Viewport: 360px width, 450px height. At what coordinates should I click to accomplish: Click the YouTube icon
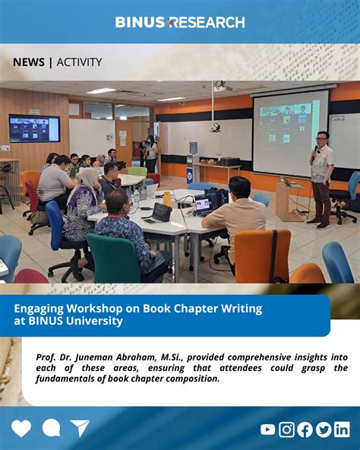(267, 429)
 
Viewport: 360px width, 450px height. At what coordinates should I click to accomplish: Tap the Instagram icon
(286, 429)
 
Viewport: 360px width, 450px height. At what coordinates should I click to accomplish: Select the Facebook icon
(305, 429)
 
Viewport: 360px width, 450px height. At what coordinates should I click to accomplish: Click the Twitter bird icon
(324, 429)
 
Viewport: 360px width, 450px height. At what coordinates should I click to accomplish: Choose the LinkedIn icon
(342, 429)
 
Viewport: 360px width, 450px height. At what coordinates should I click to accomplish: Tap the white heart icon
(21, 428)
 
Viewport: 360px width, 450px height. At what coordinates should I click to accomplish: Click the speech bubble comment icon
(52, 428)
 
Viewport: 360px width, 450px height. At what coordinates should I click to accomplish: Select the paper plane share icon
(80, 428)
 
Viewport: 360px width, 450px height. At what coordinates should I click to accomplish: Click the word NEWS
(29, 62)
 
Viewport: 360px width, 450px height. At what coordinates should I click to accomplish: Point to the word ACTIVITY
(79, 62)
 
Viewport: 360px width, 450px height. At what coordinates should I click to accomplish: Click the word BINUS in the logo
(140, 22)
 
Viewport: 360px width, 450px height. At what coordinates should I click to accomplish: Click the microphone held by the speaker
(315, 149)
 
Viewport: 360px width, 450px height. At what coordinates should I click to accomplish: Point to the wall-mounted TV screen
(34, 128)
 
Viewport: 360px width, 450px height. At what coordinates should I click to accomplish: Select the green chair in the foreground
(113, 258)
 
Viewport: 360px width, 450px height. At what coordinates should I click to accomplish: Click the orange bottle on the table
(167, 198)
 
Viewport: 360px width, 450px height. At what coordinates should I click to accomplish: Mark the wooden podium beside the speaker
(289, 201)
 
